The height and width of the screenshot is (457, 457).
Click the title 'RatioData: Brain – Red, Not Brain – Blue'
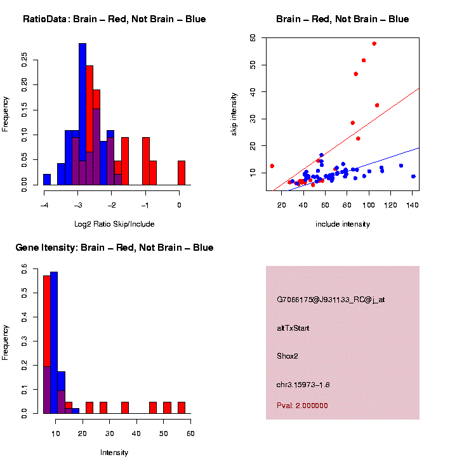tap(114, 19)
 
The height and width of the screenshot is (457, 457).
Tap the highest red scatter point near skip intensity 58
tap(374, 44)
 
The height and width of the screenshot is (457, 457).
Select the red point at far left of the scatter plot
tap(272, 166)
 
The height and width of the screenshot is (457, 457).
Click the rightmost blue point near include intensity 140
tap(413, 176)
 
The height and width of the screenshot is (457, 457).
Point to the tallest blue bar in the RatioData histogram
tap(83, 114)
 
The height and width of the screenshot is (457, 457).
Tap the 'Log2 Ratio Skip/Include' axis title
tap(114, 223)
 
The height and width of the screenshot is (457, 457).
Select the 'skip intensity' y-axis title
tap(234, 112)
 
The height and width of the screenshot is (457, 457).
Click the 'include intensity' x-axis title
tap(343, 223)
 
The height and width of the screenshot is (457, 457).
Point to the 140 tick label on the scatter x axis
tap(412, 205)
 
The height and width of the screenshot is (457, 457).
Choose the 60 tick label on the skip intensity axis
tap(253, 38)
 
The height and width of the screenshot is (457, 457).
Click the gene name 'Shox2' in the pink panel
tap(288, 356)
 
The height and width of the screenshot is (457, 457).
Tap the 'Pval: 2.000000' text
tap(302, 406)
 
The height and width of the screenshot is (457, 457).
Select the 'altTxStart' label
tap(293, 328)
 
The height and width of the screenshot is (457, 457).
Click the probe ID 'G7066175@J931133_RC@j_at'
tap(331, 300)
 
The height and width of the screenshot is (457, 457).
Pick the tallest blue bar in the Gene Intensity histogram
tap(54, 343)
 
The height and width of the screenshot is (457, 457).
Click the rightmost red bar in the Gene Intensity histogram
tap(182, 407)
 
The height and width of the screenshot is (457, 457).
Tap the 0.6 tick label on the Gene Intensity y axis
tap(25, 271)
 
